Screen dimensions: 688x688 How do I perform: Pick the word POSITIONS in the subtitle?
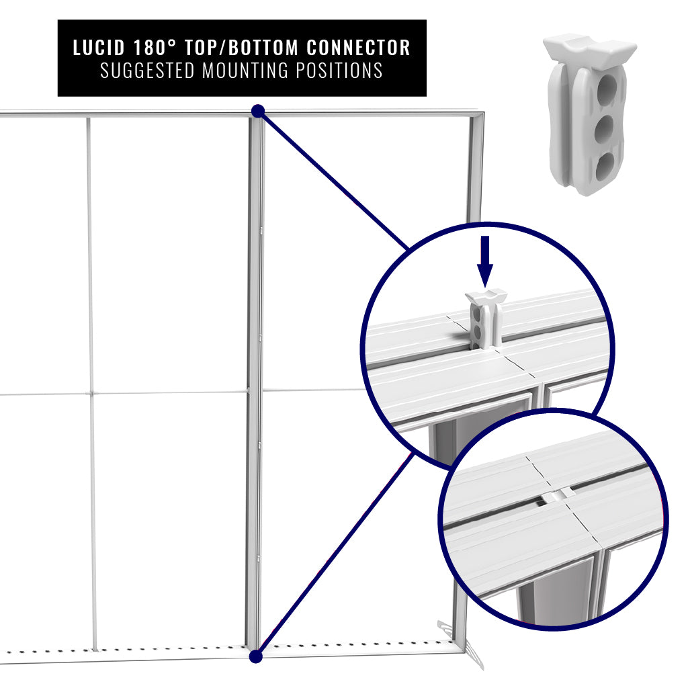coord(343,71)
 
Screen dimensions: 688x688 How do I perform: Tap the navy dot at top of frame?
coord(257,111)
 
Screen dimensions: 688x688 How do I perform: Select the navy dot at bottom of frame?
coord(255,656)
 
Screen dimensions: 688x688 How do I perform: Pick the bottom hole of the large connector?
coord(606,165)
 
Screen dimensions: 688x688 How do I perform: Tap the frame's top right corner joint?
coord(478,117)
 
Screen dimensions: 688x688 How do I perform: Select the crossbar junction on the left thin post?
coord(90,393)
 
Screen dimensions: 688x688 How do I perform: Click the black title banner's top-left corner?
coord(59,21)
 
